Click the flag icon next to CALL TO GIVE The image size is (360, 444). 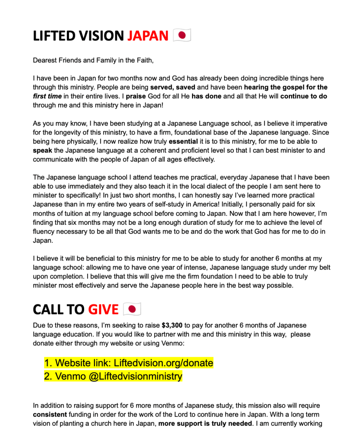pyautogui.click(x=132, y=309)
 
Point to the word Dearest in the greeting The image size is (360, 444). pyautogui.click(x=45, y=60)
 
